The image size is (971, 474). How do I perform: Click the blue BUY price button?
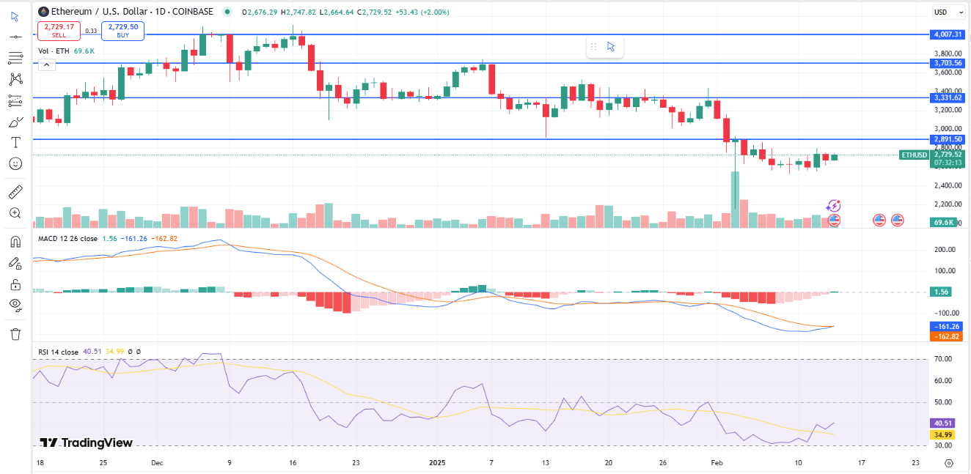pyautogui.click(x=123, y=30)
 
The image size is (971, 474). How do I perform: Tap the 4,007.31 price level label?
pyautogui.click(x=948, y=34)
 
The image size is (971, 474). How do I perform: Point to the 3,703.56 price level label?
pyautogui.click(x=948, y=63)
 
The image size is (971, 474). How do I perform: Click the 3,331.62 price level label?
pyautogui.click(x=948, y=97)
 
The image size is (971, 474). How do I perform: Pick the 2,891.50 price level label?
pyautogui.click(x=948, y=139)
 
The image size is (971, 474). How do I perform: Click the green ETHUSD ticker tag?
pyautogui.click(x=914, y=155)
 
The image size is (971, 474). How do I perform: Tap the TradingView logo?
pyautogui.click(x=87, y=442)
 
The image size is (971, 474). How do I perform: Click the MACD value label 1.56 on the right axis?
pyautogui.click(x=942, y=292)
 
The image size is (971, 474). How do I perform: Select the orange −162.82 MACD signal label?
pyautogui.click(x=946, y=336)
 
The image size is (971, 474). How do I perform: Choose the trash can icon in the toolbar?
pyautogui.click(x=15, y=334)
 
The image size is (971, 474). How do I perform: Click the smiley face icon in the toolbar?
pyautogui.click(x=15, y=163)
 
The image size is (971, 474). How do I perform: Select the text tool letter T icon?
pyautogui.click(x=15, y=142)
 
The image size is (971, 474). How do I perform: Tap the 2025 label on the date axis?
pyautogui.click(x=437, y=463)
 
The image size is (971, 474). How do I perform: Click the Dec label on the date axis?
pyautogui.click(x=157, y=463)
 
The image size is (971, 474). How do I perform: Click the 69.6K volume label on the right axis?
pyautogui.click(x=942, y=222)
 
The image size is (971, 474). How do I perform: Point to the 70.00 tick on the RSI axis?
pyautogui.click(x=944, y=359)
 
